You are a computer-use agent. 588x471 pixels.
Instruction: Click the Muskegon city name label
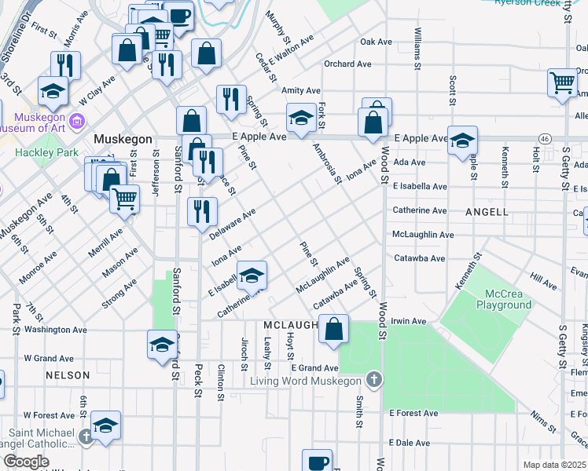[123, 139]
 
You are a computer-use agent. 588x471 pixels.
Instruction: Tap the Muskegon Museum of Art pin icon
[76, 121]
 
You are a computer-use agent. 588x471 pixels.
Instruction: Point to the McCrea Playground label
[503, 299]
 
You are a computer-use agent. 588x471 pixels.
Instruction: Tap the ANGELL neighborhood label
[487, 213]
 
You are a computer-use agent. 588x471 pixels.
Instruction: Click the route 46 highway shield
[544, 138]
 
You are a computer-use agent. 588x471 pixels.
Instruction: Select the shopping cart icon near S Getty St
[563, 82]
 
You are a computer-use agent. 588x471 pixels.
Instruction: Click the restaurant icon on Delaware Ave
[202, 211]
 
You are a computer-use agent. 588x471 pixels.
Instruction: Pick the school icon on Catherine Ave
[252, 276]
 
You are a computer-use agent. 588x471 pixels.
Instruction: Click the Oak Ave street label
[375, 42]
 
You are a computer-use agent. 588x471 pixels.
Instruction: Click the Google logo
[26, 461]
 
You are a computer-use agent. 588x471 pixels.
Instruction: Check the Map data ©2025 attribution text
[554, 465]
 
